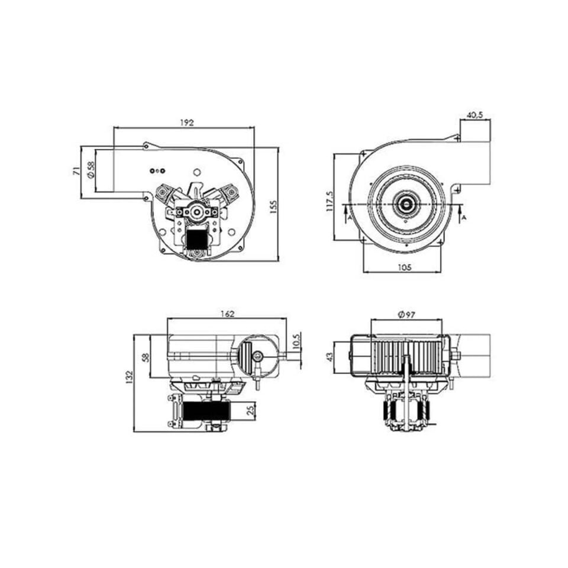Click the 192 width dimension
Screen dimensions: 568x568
click(x=186, y=122)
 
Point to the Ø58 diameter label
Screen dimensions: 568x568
click(x=91, y=170)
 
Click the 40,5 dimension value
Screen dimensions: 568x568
click(x=475, y=115)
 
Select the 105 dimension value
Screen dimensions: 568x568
click(x=404, y=267)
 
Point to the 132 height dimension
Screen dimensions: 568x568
click(x=130, y=377)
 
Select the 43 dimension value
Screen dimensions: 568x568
click(x=330, y=358)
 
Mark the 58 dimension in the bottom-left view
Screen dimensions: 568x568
click(x=146, y=357)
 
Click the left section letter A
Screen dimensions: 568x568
click(x=350, y=218)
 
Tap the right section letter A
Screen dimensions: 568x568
click(x=464, y=218)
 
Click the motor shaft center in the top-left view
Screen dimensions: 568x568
click(x=195, y=211)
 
